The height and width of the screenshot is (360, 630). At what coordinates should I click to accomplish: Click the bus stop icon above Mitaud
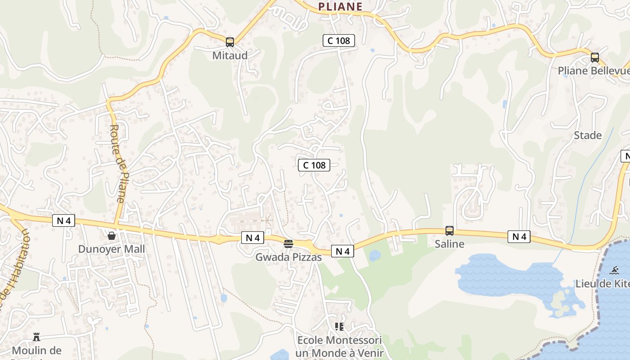(x=230, y=42)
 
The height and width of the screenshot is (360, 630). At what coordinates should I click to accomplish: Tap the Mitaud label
(x=230, y=55)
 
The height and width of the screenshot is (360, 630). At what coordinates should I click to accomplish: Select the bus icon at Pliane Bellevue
(x=595, y=58)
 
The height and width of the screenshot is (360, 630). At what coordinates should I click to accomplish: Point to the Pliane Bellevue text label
(x=593, y=71)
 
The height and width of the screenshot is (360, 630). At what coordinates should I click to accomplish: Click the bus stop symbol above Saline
(x=449, y=231)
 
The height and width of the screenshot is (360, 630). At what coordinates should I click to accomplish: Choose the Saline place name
(x=449, y=244)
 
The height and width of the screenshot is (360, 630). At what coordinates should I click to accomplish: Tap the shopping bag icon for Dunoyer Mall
(x=111, y=235)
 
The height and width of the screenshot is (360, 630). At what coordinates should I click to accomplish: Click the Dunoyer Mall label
(x=112, y=249)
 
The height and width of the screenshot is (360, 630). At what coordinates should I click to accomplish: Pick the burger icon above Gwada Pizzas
(x=288, y=244)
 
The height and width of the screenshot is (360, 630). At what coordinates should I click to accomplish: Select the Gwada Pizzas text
(x=288, y=257)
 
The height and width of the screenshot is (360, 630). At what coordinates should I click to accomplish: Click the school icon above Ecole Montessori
(x=339, y=326)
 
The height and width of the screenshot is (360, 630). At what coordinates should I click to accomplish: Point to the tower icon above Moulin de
(x=36, y=337)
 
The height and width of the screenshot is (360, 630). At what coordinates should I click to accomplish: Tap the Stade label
(x=588, y=135)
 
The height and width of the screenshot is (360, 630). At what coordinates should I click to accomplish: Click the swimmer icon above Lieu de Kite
(x=614, y=270)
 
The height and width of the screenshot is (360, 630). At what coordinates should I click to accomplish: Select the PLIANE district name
(x=340, y=6)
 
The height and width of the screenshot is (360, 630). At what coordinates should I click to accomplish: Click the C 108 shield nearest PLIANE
(x=339, y=40)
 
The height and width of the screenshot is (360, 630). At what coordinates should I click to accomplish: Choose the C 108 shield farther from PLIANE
(x=314, y=165)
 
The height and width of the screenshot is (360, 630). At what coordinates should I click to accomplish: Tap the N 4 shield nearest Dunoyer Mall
(x=63, y=220)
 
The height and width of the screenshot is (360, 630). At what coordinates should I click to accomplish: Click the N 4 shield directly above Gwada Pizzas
(x=252, y=238)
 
